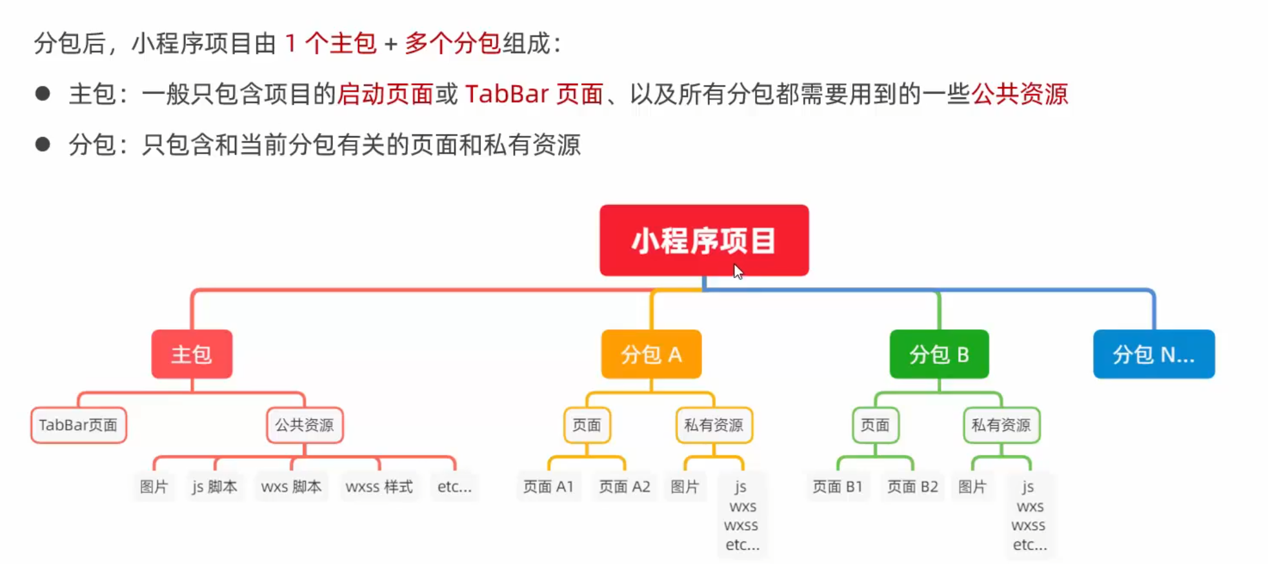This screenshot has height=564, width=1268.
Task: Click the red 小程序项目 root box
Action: tap(703, 240)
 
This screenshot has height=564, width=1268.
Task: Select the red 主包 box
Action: tap(192, 354)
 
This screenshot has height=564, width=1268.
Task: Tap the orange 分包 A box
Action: tap(651, 354)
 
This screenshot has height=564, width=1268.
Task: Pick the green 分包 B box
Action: tap(939, 354)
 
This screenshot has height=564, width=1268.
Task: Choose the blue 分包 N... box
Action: tap(1153, 354)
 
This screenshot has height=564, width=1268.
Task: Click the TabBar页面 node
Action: tap(78, 425)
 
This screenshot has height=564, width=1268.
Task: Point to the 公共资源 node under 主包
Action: tap(305, 425)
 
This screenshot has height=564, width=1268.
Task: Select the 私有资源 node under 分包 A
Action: tap(714, 425)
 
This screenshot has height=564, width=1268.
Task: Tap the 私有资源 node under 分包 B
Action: tap(1001, 425)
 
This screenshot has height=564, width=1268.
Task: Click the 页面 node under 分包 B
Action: tap(875, 425)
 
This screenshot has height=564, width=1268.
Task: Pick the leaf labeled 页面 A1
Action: tap(548, 487)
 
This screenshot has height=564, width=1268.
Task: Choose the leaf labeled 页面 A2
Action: tap(624, 487)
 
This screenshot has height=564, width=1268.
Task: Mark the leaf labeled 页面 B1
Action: tap(837, 487)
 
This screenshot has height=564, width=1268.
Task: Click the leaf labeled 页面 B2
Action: tap(912, 487)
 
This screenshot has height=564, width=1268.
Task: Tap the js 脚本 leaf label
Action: tap(214, 487)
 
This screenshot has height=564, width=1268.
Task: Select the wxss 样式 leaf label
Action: tap(379, 487)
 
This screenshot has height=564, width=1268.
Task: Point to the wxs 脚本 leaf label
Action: tap(291, 487)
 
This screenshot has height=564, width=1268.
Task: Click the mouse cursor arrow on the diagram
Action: tap(738, 271)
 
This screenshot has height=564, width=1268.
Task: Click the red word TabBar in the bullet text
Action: tap(507, 94)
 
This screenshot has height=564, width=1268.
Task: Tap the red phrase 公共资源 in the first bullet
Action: tap(1020, 94)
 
